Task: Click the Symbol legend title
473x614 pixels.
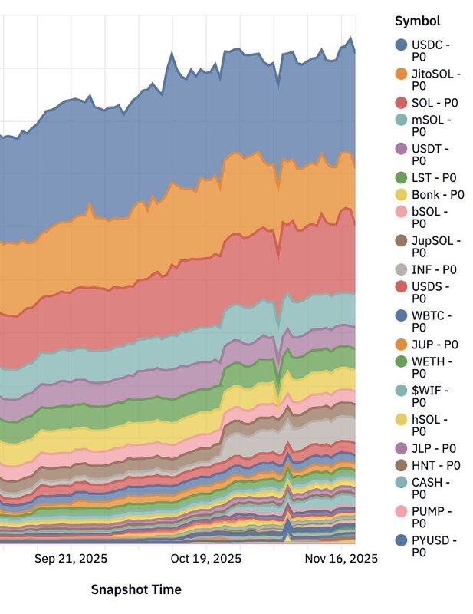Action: (x=417, y=21)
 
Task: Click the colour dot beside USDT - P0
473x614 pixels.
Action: (x=401, y=149)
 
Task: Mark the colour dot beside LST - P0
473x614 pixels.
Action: (x=401, y=178)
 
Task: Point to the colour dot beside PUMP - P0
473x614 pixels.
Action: (x=401, y=511)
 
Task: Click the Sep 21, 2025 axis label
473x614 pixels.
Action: (x=71, y=558)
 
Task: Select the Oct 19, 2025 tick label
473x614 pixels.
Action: (x=205, y=558)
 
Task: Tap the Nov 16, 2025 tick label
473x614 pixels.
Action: (x=340, y=558)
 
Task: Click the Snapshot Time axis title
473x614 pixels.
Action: (x=136, y=589)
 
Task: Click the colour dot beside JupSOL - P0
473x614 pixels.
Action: (x=401, y=241)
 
